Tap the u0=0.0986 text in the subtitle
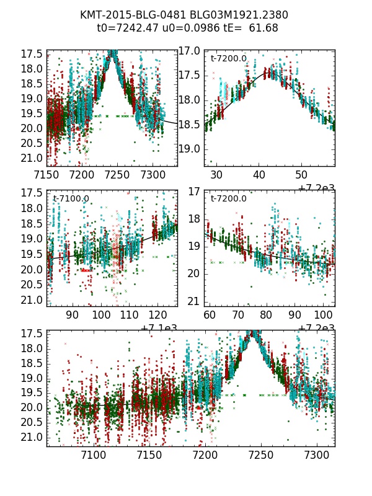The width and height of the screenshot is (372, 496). (x=184, y=28)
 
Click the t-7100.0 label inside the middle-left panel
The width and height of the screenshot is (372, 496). (x=71, y=199)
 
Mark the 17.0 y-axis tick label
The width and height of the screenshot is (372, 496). (x=190, y=51)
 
